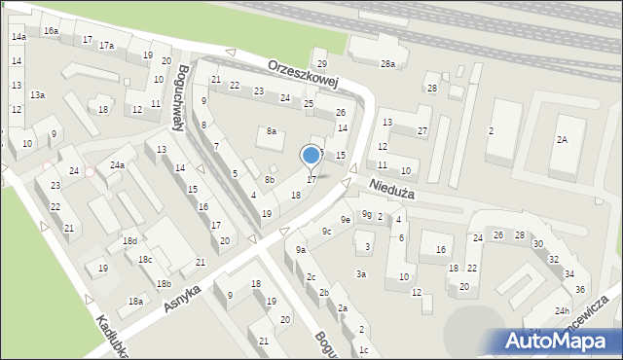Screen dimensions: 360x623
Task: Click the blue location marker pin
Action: (x=311, y=156)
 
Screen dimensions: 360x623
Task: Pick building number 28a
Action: (x=387, y=64)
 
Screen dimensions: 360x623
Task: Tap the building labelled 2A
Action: (x=562, y=140)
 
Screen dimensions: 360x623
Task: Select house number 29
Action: (x=320, y=64)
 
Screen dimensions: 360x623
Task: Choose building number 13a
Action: (x=37, y=95)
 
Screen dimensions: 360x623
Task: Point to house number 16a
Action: (x=51, y=31)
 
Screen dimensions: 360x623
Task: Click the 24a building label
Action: (x=116, y=165)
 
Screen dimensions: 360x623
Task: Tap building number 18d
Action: (x=128, y=240)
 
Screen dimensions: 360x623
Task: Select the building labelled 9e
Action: (x=345, y=220)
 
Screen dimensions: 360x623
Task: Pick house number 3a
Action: (x=360, y=274)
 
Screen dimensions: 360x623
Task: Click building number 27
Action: (x=422, y=131)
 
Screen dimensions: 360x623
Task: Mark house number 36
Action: (x=580, y=290)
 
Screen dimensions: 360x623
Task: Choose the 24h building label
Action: (x=562, y=310)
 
